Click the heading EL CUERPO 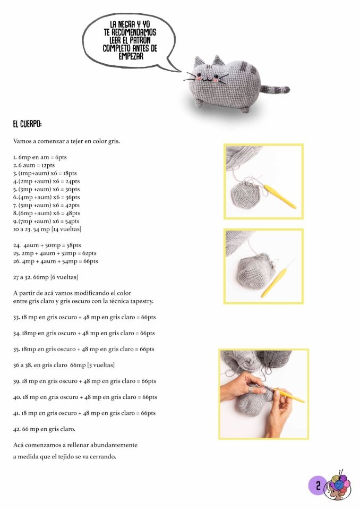27,124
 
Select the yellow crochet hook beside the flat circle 280,196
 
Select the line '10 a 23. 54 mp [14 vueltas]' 47,229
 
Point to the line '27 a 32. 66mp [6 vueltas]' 46,277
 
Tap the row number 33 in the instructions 16,317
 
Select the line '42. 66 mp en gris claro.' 44,429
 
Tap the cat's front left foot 198,104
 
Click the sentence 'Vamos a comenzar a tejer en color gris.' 66,141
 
